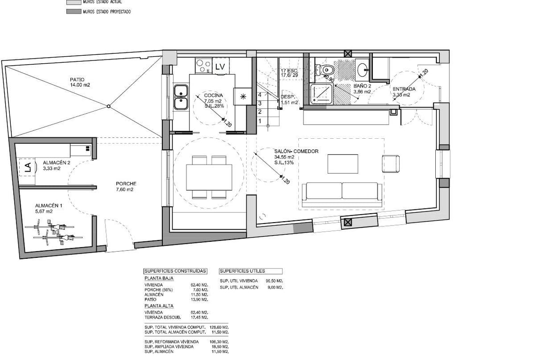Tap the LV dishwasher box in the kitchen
pyautogui.click(x=220, y=67)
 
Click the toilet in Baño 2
pyautogui.click(x=327, y=70)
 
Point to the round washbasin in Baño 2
pyautogui.click(x=362, y=70)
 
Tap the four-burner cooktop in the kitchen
pyautogui.click(x=204, y=65)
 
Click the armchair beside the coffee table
pyautogui.click(x=391, y=164)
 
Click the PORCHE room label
pyautogui.click(x=125, y=184)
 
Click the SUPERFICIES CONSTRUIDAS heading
pyautogui.click(x=175, y=271)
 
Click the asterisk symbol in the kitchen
pyautogui.click(x=243, y=97)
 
